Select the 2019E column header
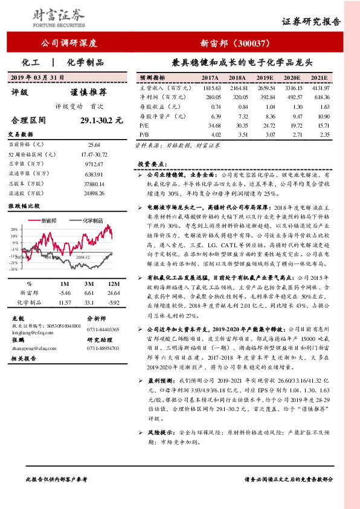point(265,79)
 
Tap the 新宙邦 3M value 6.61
point(89,293)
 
